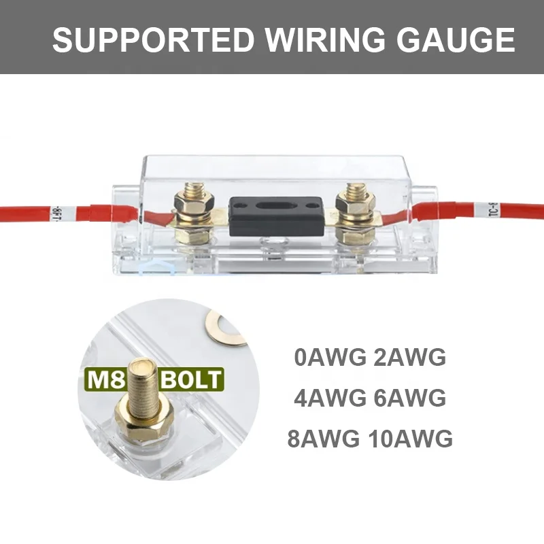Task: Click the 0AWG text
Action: coord(330,357)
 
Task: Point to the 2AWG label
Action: coord(410,357)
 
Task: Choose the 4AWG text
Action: coord(330,398)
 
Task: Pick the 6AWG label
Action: coord(410,398)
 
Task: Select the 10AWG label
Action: coord(410,439)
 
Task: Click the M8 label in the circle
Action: coord(105,379)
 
